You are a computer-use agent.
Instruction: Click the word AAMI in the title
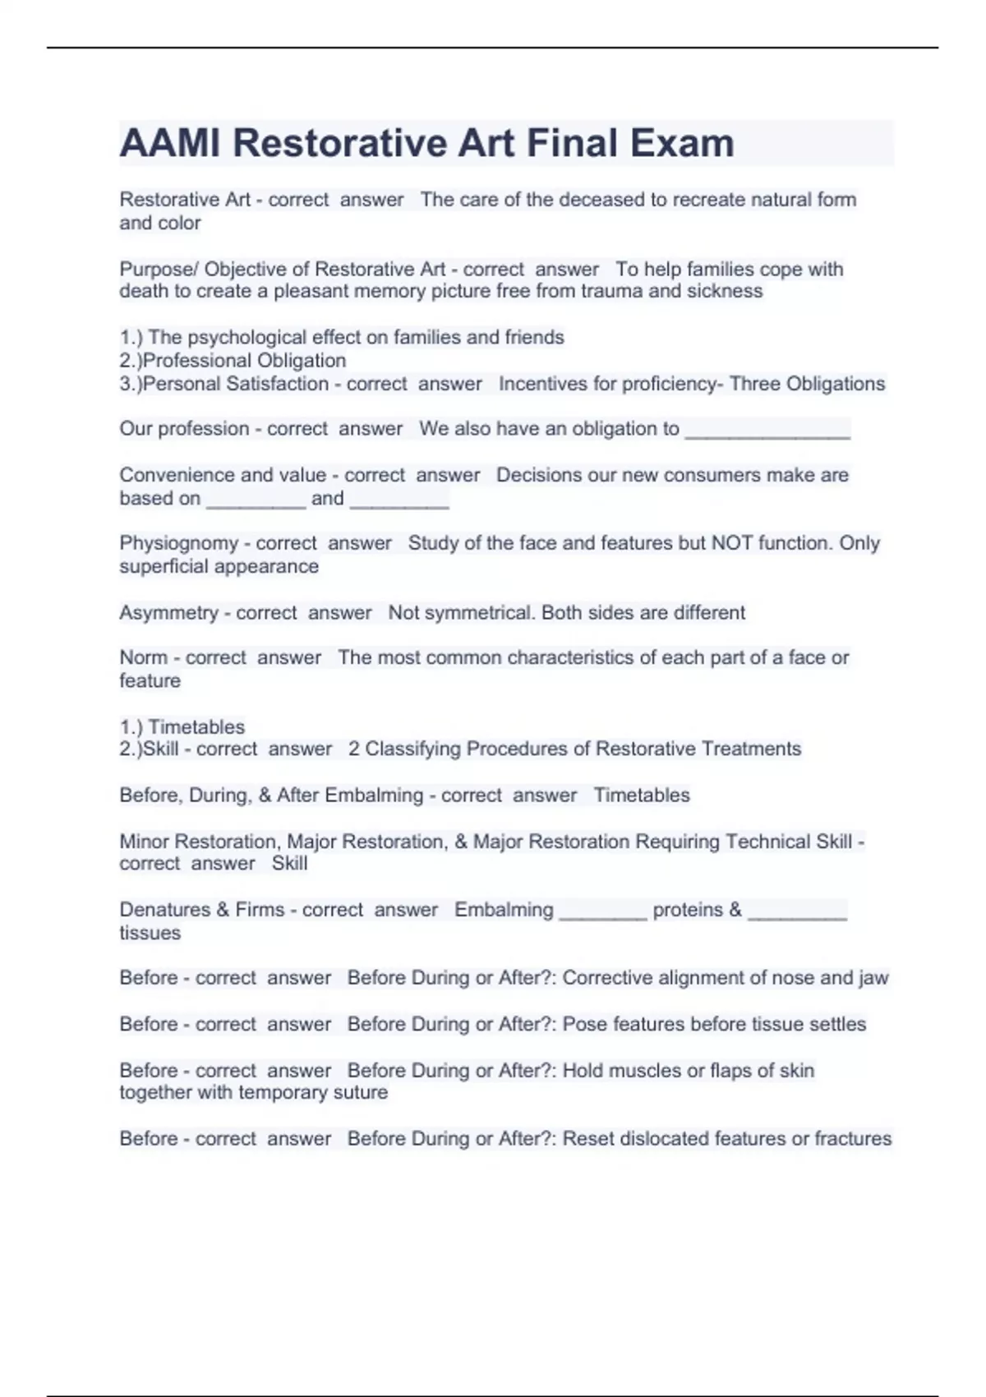(x=169, y=143)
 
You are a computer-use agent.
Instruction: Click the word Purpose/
(x=159, y=270)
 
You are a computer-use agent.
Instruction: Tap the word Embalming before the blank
(x=504, y=910)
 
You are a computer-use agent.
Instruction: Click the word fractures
(x=853, y=1139)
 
